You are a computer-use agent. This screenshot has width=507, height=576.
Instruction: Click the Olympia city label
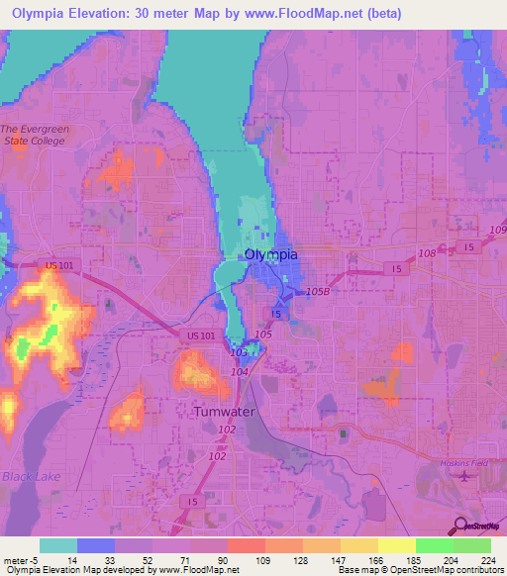click(x=270, y=254)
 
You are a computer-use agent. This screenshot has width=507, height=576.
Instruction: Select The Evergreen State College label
click(x=33, y=135)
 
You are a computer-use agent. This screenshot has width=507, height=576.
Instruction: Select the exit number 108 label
click(x=426, y=254)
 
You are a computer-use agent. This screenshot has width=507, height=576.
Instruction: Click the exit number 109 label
click(x=497, y=231)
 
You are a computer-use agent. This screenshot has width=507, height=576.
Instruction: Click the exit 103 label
click(x=239, y=352)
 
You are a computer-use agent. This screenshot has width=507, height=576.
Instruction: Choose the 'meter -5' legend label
click(x=21, y=559)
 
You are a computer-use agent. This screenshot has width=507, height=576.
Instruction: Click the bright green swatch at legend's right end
click(x=472, y=545)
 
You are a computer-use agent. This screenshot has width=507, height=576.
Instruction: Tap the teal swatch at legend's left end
click(x=58, y=545)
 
